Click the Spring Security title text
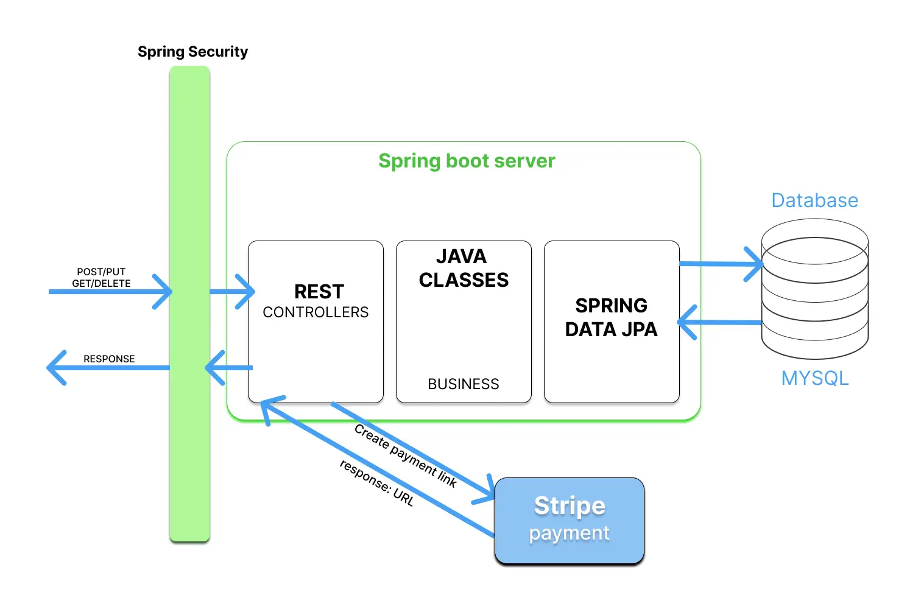click(192, 52)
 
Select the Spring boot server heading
click(467, 161)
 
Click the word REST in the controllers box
click(319, 292)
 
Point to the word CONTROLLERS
click(316, 312)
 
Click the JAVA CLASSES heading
click(463, 268)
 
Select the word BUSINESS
click(463, 384)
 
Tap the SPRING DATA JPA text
click(611, 317)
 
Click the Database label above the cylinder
click(814, 200)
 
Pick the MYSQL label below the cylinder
click(814, 378)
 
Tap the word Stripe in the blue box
click(570, 505)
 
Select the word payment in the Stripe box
click(569, 533)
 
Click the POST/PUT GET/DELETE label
click(101, 278)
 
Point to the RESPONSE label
click(109, 359)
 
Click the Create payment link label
click(406, 456)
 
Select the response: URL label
click(376, 483)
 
